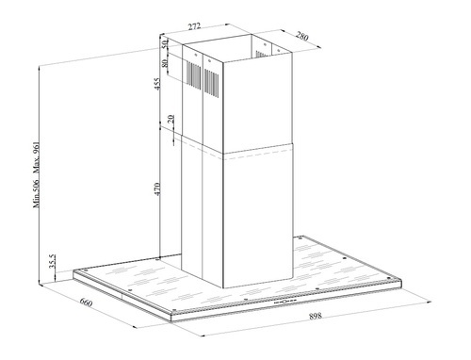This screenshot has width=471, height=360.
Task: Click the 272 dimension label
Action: pos(194,26)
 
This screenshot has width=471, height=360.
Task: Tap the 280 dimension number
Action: pos(302,37)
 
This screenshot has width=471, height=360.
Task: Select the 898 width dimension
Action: pos(316,316)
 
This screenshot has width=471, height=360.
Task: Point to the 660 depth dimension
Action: pos(86,303)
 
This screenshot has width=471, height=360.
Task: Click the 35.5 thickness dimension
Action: pos(52,261)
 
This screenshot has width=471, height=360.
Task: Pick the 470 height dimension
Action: pos(157,188)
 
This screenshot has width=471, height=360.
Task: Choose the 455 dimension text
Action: pos(157,84)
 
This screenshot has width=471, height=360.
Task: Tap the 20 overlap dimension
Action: pos(171,119)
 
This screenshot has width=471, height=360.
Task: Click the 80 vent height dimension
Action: pos(165,63)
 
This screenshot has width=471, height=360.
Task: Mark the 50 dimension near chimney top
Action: pos(165,44)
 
